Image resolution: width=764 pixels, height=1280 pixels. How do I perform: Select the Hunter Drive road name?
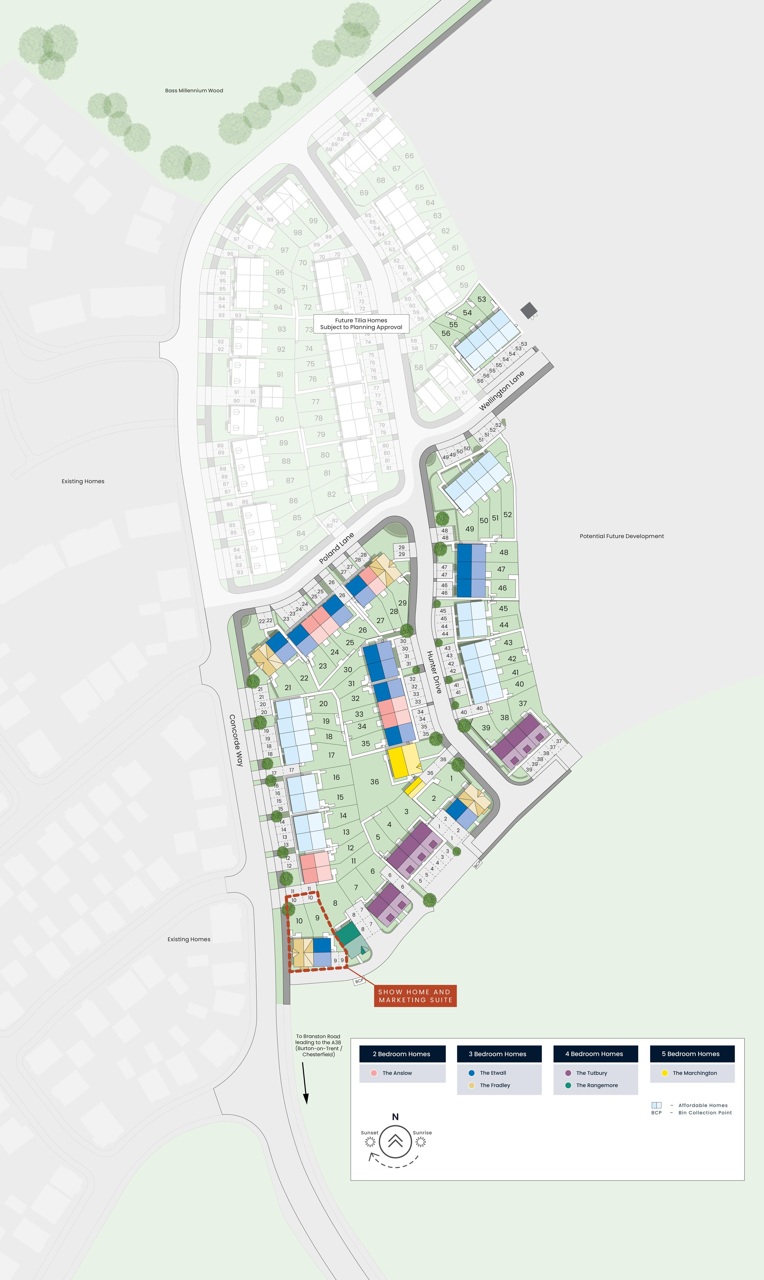434,672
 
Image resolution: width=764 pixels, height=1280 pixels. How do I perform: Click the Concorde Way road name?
236,740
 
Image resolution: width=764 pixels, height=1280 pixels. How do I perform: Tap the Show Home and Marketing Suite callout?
415,996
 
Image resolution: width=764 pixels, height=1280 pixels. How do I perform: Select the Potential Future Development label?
621,536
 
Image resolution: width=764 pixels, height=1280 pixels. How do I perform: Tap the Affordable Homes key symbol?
656,1105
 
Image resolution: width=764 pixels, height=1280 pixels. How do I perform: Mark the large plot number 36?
374,782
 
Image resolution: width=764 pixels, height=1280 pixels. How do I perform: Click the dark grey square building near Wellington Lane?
528,310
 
